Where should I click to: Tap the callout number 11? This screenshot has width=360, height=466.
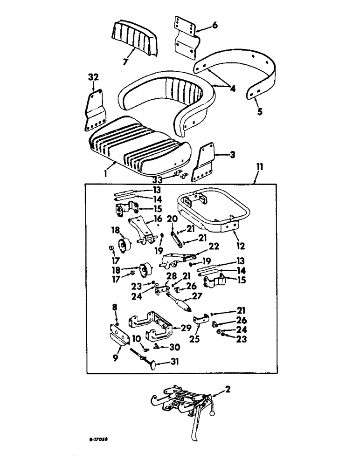click(x=257, y=179)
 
